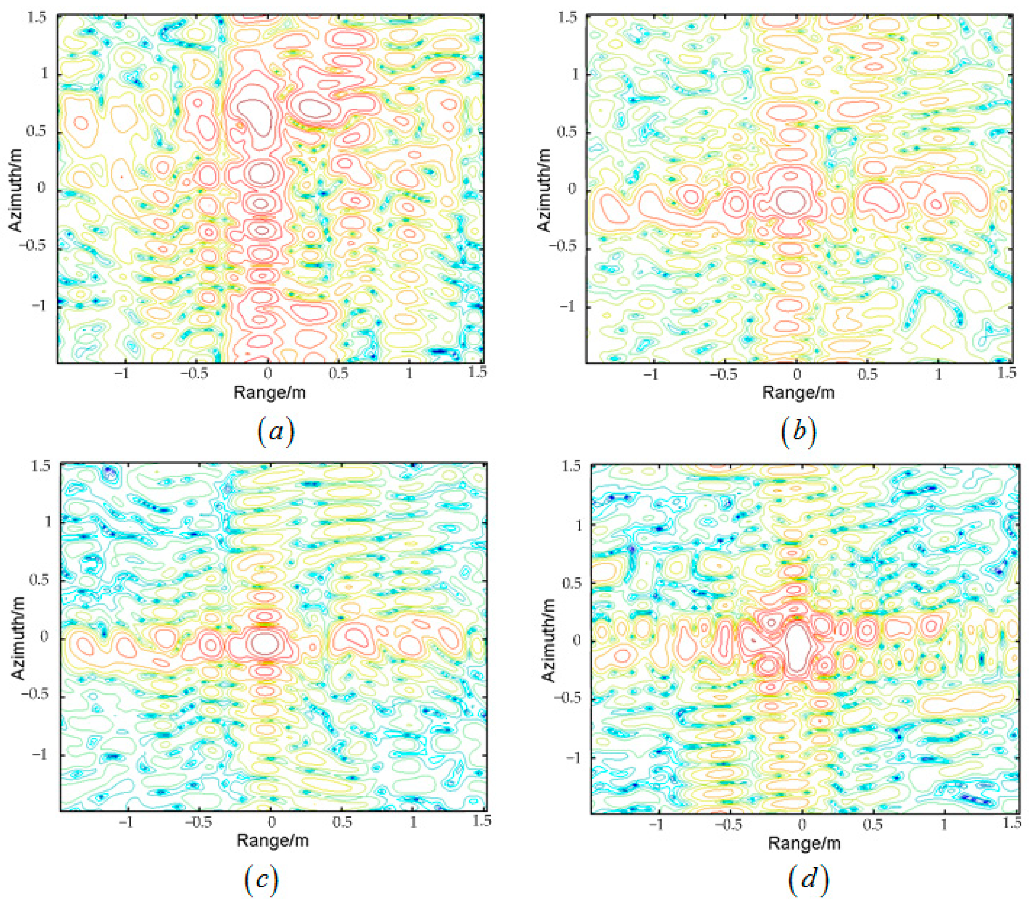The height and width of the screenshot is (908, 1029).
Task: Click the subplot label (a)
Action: click(275, 432)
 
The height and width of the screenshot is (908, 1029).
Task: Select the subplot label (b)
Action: click(798, 432)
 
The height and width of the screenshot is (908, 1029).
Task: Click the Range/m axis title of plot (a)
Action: click(269, 392)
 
